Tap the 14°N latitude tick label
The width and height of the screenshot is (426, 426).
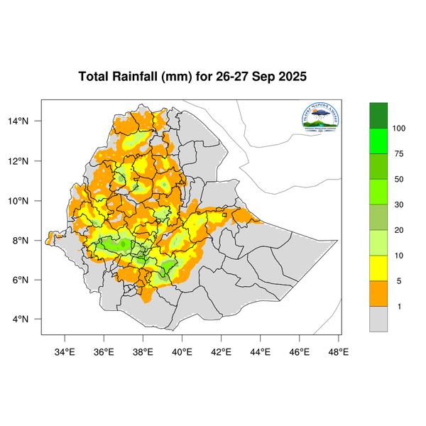tap(28, 121)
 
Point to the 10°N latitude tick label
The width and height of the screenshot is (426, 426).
tap(28, 201)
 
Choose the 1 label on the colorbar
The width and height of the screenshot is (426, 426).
tap(398, 307)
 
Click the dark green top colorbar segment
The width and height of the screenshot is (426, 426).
tap(378, 115)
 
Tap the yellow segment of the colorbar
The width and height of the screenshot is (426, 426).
tap(378, 268)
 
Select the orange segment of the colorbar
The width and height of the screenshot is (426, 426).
tap(378, 294)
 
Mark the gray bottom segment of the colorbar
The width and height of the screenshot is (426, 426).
tap(378, 319)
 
